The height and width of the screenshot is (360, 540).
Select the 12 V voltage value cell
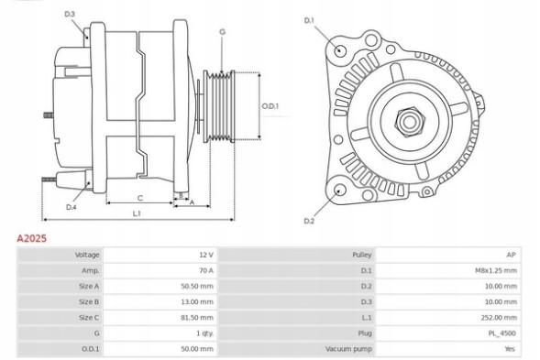pos(204,254)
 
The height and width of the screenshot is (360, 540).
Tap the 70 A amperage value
pos(204,270)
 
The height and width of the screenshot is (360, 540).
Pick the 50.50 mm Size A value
pos(199,286)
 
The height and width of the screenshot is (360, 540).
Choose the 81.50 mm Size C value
pos(199,317)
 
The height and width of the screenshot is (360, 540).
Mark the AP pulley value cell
pos(511,254)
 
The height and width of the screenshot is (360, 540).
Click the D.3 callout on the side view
pos(71,14)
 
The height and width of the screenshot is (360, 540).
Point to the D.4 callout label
pos(71,207)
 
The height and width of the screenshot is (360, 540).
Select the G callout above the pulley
pos(222,32)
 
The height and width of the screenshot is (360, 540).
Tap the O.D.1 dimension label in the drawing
pos(270,106)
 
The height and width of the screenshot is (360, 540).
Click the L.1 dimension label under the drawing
pos(136,214)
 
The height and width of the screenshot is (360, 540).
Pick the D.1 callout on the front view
pos(308,20)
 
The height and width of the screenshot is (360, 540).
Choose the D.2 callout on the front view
pos(308,222)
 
